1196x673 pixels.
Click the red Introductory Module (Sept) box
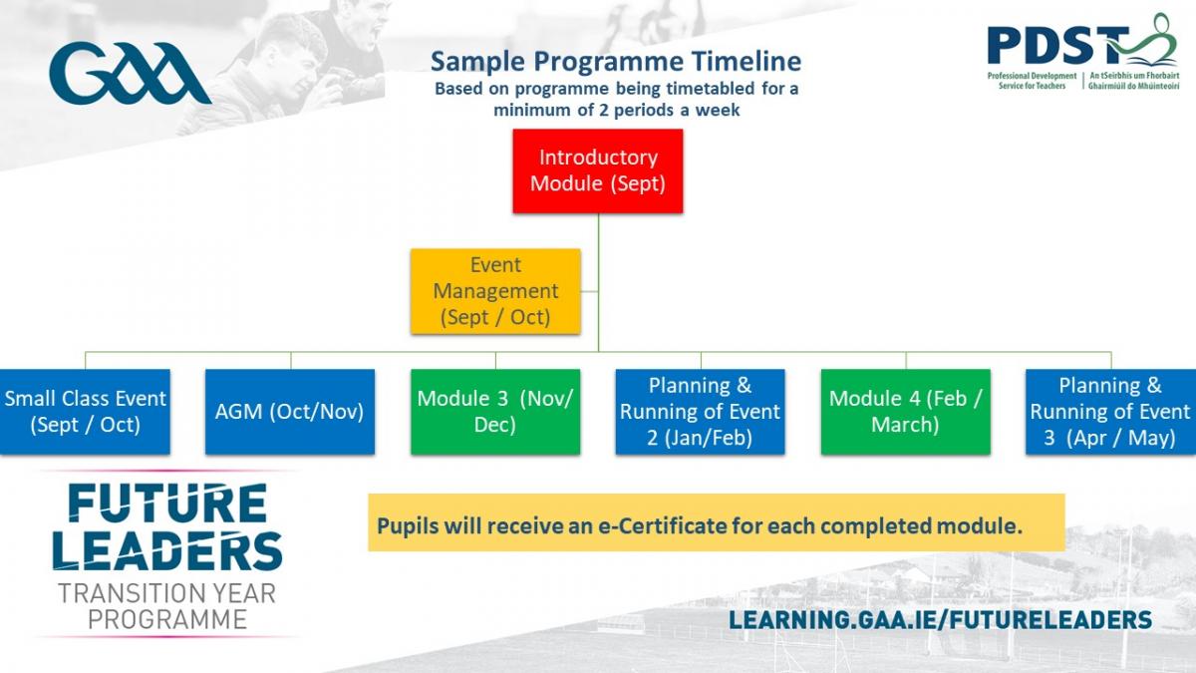click(x=597, y=170)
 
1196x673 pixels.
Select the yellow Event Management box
click(x=495, y=291)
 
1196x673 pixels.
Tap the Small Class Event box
click(x=85, y=411)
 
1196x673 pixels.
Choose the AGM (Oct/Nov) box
click(x=290, y=411)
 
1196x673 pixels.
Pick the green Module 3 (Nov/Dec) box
click(x=495, y=411)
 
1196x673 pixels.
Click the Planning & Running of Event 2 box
click(x=700, y=411)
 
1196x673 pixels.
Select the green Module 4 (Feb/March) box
click(x=906, y=411)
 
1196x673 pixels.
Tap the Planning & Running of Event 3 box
click(x=1110, y=411)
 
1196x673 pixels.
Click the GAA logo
click(x=130, y=73)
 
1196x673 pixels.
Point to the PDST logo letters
click(x=1058, y=46)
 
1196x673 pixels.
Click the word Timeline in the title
click(x=747, y=61)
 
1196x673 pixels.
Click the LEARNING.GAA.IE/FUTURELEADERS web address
click(x=940, y=619)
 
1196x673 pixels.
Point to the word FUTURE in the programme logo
click(x=167, y=503)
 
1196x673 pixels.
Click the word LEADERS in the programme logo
click(x=167, y=550)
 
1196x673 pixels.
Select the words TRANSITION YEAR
click(x=166, y=593)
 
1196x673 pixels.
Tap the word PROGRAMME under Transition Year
click(x=167, y=619)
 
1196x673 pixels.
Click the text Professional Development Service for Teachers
click(x=1032, y=81)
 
